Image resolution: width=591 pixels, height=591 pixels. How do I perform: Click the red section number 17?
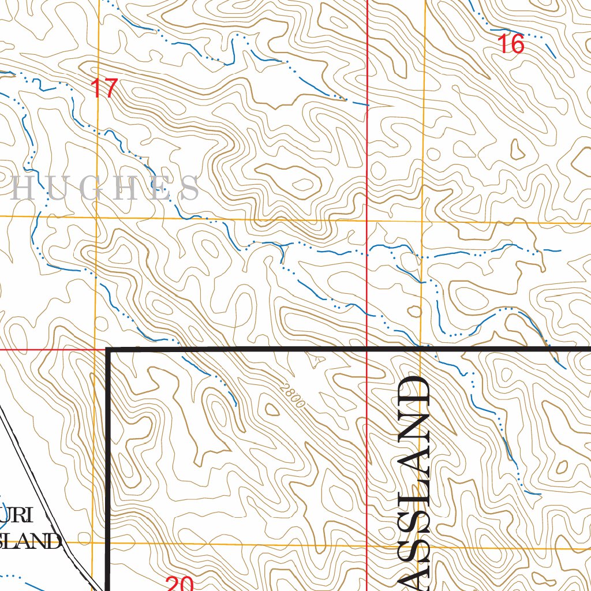click(104, 89)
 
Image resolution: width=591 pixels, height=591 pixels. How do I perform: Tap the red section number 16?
click(511, 44)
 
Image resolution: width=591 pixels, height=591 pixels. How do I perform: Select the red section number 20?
click(179, 584)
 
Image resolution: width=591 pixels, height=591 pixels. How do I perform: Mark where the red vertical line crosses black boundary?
click(368, 350)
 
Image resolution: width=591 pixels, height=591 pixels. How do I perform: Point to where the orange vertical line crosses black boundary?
click(421, 350)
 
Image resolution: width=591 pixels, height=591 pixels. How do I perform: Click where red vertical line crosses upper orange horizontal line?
click(368, 220)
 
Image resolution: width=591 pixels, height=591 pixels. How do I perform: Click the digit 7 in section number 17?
click(111, 89)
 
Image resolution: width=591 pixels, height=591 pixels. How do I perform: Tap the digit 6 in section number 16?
click(518, 44)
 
